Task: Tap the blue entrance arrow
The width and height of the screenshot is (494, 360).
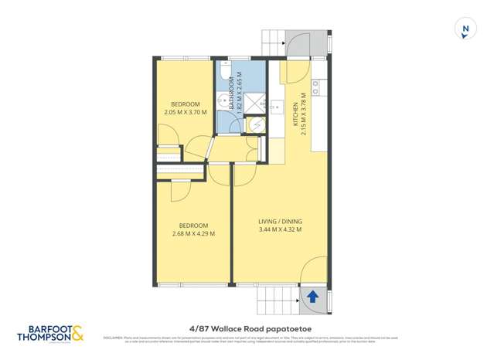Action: coord(312,296)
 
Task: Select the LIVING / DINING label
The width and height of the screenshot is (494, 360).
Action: coord(279,222)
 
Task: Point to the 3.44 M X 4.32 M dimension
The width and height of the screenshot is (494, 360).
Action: coord(279,229)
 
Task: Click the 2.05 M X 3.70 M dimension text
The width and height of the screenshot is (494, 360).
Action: coord(186,113)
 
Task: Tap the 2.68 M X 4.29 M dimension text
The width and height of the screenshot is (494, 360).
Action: coord(193,233)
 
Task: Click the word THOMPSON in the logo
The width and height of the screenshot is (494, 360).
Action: coord(45,337)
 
